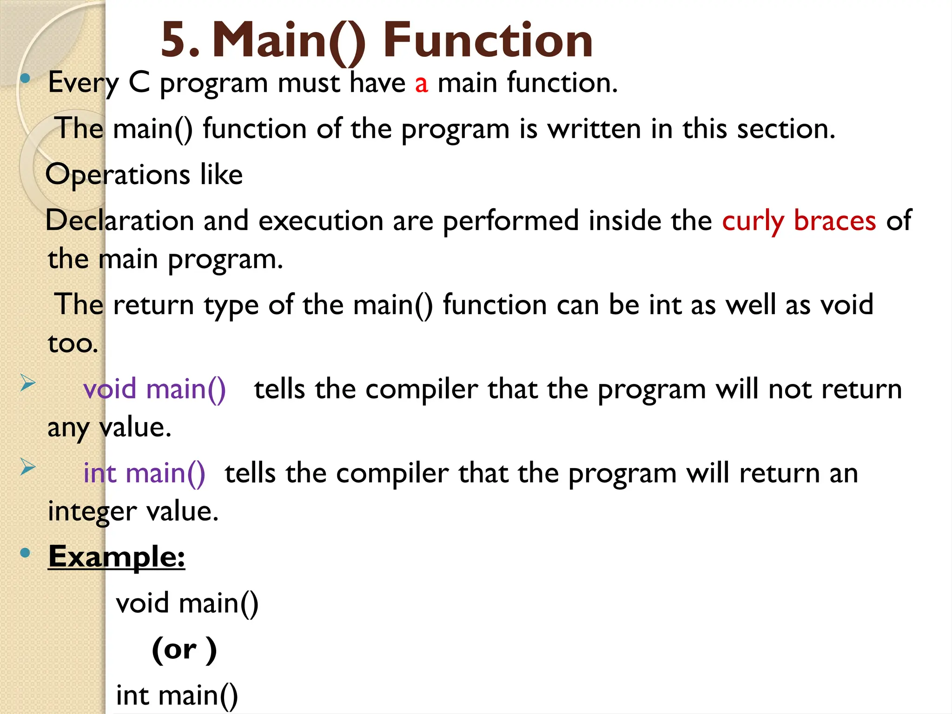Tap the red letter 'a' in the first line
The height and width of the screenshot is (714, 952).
(421, 84)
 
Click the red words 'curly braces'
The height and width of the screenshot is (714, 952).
(799, 221)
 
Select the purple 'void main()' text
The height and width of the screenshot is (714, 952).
(154, 389)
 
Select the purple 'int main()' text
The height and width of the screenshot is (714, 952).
(144, 474)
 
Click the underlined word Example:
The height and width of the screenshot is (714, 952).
(117, 557)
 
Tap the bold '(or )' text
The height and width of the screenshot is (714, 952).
(184, 649)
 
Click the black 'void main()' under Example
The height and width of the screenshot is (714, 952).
(187, 604)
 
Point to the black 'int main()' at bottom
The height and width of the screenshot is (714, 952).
(177, 696)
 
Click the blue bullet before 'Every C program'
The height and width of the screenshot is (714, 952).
(26, 79)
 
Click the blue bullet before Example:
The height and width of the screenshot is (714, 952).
(26, 553)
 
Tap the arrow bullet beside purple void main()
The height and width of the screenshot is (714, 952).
(28, 384)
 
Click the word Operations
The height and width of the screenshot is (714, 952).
(118, 175)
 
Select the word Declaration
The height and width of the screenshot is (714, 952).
(119, 221)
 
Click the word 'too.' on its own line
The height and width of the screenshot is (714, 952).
(73, 344)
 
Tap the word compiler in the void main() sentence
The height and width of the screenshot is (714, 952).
(421, 389)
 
